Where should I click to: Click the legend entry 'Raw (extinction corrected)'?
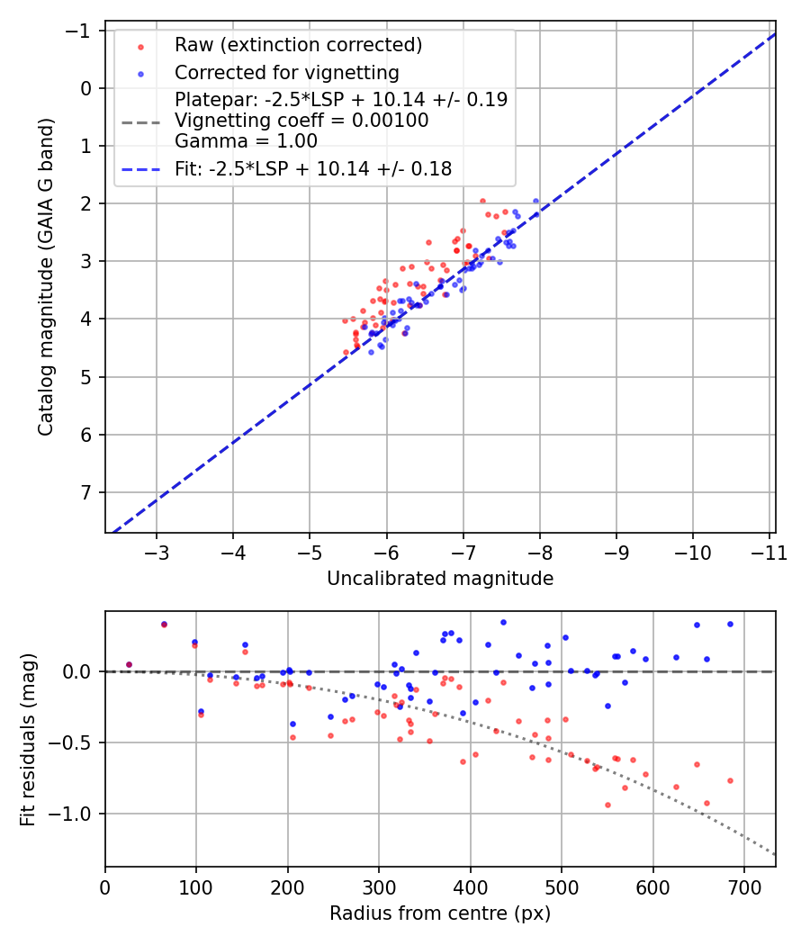pos(298,45)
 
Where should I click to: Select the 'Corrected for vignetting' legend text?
pos(286,72)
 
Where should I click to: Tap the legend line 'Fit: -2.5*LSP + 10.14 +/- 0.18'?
pos(313,167)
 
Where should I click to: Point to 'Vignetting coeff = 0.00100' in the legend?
pos(301,120)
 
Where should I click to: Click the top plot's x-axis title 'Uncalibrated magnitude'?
pos(440,579)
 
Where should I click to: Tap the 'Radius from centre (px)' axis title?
pos(440,913)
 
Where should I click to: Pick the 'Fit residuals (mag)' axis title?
pos(28,739)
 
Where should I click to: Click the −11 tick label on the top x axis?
pos(769,552)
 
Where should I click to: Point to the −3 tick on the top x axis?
pos(157,552)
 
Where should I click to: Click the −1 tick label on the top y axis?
pos(84,31)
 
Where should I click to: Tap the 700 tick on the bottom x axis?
pos(742,886)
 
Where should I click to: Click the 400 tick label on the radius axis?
pos(469,886)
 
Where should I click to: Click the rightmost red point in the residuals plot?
pos(730,780)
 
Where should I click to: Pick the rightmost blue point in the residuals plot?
pos(730,624)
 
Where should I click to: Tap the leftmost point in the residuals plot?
pos(129,664)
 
